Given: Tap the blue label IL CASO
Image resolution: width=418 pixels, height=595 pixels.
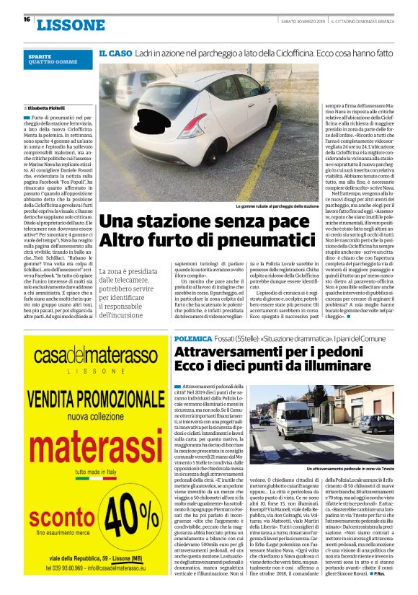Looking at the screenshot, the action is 115,53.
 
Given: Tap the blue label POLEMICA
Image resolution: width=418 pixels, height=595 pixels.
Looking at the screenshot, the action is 193,339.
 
